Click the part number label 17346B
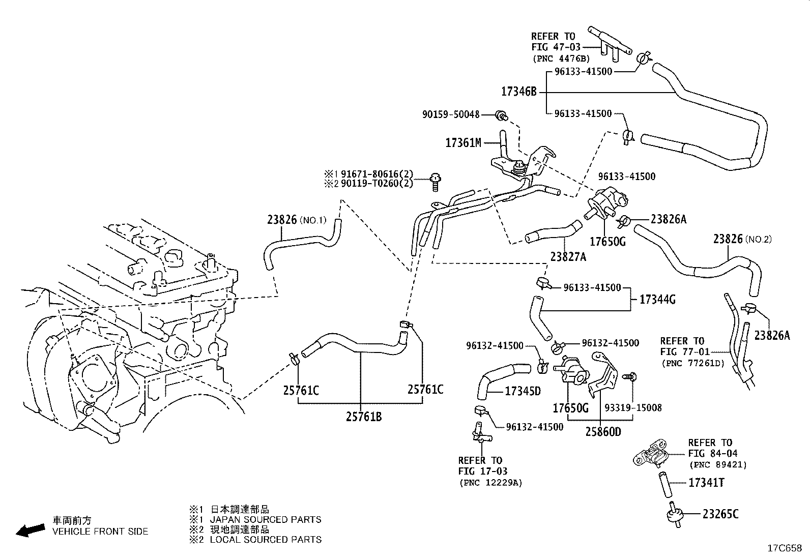coord(519,92)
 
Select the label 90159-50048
coord(451,114)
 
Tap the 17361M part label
coord(463,143)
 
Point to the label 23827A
coord(568,257)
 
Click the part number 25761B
coord(364,417)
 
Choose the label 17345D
coord(523,391)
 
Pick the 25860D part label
coord(603,432)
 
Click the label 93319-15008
coord(633,408)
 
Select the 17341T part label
coord(706,483)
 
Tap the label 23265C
coord(720,514)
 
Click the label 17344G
coord(657,300)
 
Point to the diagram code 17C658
coord(785,548)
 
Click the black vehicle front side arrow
coord(31,531)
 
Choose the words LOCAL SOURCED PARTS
coord(266,540)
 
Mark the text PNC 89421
coord(718,464)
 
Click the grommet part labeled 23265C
coord(674,515)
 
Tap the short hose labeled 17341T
coord(664,485)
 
